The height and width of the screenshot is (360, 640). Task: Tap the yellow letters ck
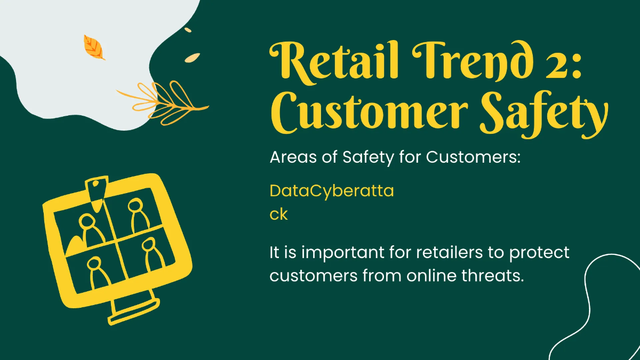tap(278, 214)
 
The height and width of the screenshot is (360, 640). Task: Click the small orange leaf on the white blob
tap(94, 47)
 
